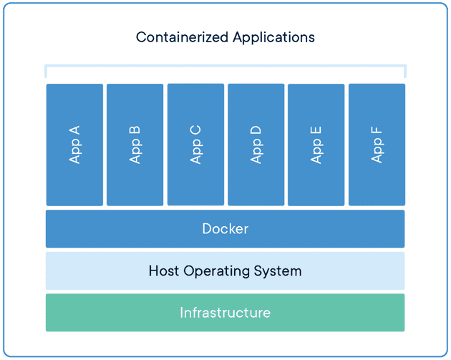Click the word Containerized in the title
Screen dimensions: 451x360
click(182, 37)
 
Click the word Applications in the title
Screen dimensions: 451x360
click(273, 38)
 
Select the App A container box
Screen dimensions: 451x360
click(74, 145)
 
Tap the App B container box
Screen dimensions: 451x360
click(135, 145)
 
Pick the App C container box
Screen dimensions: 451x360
click(195, 145)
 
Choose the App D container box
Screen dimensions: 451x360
click(256, 145)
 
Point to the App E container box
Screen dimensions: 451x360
click(316, 145)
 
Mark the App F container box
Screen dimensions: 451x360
click(377, 145)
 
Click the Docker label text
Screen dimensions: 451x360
click(225, 229)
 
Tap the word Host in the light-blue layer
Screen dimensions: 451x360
click(164, 271)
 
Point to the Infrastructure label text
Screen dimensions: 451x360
click(225, 313)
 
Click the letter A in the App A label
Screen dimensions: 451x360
click(74, 130)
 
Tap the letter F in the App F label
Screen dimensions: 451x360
click(377, 130)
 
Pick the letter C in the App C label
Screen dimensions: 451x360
click(195, 130)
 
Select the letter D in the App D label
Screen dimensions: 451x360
click(256, 130)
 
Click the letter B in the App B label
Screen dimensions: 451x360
click(135, 130)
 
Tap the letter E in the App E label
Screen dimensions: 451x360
click(316, 130)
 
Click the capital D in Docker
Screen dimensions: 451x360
click(207, 229)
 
